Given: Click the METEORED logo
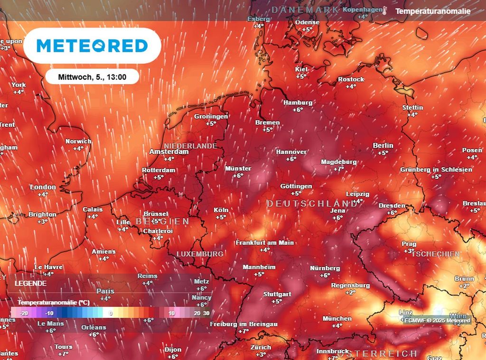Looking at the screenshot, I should point(92,46).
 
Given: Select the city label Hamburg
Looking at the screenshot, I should point(298,103).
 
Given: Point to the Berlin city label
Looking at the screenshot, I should point(383,145).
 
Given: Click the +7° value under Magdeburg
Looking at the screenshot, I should point(338,169).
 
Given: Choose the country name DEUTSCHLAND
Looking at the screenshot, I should point(311,203).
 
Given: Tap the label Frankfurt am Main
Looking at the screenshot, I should point(264,242).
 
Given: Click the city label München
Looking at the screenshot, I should point(337,318).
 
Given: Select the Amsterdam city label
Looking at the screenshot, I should point(169,152).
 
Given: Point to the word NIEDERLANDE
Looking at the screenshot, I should point(190,146).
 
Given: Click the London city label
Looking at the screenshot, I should point(43,187).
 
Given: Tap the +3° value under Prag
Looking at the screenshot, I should point(409,251).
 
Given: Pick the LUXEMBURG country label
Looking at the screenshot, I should point(200,254).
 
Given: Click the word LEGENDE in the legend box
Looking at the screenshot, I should point(31,283).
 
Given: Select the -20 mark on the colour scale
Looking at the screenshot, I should point(25,313).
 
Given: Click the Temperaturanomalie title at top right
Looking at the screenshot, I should point(433,10).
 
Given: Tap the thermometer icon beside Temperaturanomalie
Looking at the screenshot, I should point(385,10).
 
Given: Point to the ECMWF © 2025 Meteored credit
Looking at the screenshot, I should point(437,321).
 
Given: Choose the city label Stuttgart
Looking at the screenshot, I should point(277,294).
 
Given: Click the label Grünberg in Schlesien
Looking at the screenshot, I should point(436,170).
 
